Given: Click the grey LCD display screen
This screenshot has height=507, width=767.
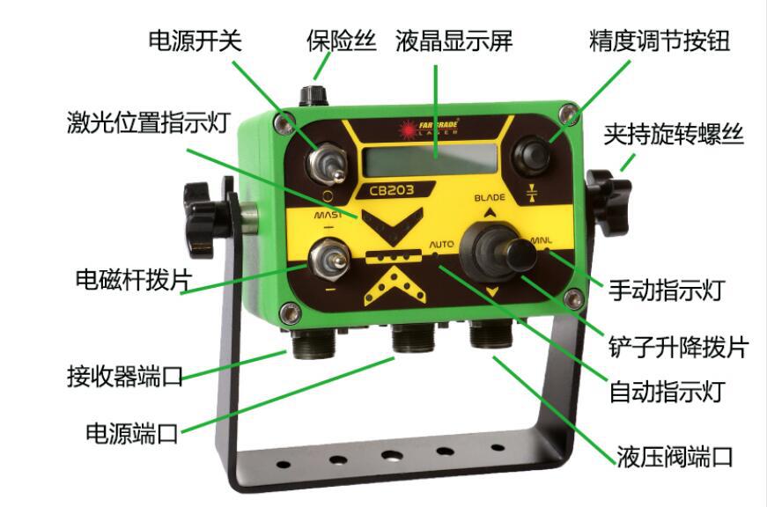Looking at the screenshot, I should pos(429,160).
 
